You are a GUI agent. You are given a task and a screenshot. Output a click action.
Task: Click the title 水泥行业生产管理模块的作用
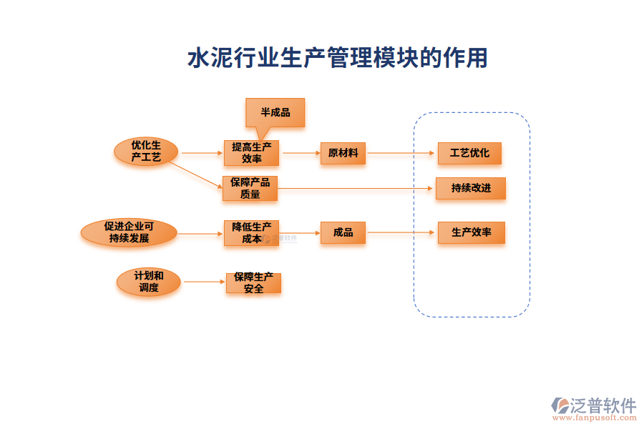336,58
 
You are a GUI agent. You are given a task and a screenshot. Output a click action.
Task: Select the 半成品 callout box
275,112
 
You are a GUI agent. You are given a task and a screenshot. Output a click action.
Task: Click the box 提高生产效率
251,153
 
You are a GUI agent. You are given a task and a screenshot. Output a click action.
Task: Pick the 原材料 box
343,153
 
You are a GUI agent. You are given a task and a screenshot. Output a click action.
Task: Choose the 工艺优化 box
469,153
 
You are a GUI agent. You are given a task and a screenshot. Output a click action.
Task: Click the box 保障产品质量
250,188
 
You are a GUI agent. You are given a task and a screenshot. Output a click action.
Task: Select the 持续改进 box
471,188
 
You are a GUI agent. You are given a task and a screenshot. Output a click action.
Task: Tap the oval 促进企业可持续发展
129,232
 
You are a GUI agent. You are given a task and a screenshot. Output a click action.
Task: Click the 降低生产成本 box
251,232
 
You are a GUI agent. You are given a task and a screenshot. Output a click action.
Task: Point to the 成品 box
343,232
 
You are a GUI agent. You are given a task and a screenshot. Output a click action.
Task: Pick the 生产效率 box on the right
471,232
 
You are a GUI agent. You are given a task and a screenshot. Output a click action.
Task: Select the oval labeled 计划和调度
149,282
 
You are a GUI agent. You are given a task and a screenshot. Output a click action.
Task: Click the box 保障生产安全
253,282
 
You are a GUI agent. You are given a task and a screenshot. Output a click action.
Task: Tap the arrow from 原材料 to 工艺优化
401,153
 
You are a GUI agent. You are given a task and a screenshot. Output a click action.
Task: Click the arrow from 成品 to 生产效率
401,232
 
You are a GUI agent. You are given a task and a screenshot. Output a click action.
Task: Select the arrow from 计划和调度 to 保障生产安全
203,282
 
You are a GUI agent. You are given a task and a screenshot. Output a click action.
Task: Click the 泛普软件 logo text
602,405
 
